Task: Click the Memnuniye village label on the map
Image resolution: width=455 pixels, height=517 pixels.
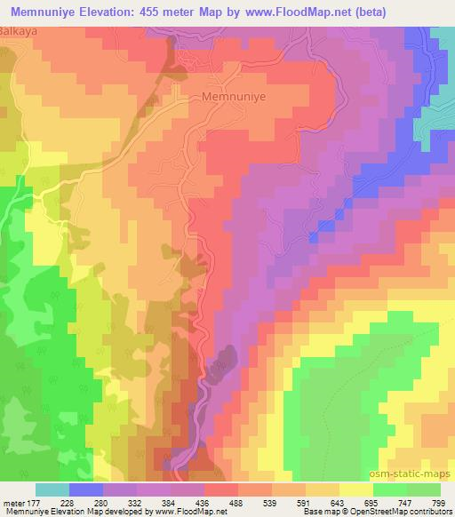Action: (235, 95)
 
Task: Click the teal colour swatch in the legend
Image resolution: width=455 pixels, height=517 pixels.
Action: (52, 489)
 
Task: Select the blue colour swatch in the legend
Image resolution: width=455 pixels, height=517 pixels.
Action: (86, 489)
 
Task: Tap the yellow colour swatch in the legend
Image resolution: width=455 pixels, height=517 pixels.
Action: (355, 489)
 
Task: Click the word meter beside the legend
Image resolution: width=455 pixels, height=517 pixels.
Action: (13, 503)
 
